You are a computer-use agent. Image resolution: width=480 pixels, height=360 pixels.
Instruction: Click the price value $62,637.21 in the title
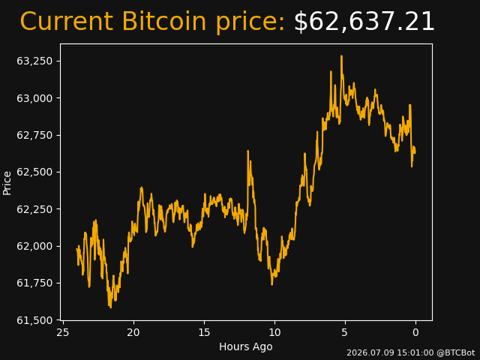[x=364, y=22]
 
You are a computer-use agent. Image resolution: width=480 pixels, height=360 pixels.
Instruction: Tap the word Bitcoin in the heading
[x=164, y=22]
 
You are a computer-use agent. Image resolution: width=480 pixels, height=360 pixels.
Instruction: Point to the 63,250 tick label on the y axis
[x=34, y=61]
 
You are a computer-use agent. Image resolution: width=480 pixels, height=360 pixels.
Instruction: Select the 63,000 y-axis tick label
[x=34, y=98]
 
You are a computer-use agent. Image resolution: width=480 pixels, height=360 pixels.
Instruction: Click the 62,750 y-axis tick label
[x=34, y=135]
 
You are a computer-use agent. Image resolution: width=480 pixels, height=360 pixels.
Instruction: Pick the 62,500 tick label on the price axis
[x=34, y=172]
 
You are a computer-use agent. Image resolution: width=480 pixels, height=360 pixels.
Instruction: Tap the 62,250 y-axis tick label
[x=34, y=209]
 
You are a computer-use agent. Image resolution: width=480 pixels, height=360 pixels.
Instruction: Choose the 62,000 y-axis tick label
[x=34, y=247]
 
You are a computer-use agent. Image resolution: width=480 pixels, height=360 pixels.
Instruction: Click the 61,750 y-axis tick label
[x=34, y=283]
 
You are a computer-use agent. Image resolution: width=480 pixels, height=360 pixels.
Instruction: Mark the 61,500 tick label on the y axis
[x=34, y=320]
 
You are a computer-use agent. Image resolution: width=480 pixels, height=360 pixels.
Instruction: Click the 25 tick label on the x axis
[x=63, y=332]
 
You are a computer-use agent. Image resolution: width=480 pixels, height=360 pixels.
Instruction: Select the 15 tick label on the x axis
[x=204, y=332]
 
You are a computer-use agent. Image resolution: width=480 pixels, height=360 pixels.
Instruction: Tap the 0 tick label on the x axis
[x=415, y=332]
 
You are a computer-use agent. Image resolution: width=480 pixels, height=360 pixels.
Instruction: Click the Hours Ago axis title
[x=246, y=346]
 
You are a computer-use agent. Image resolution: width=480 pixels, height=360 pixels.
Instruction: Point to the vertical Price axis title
[x=7, y=183]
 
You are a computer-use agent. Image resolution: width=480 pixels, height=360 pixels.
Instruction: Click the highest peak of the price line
[x=341, y=56]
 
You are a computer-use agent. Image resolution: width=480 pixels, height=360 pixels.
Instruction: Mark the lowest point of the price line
[x=110, y=307]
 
